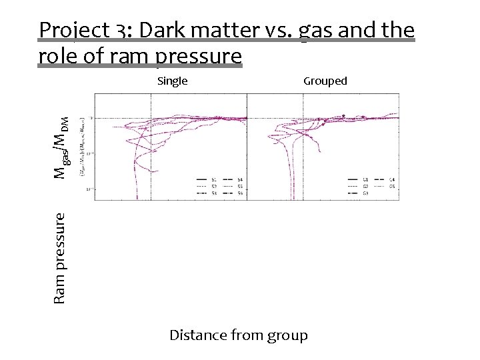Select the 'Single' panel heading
[x=172, y=81]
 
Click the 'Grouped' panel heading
[x=325, y=81]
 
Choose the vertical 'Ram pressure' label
[x=59, y=258]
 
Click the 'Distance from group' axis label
[x=239, y=335]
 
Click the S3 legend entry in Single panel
[x=207, y=193]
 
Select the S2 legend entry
[x=207, y=187]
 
